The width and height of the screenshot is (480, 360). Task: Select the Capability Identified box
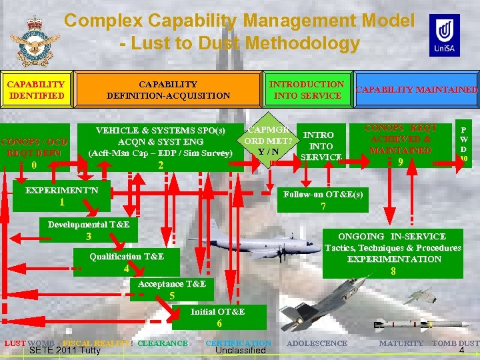[35, 89]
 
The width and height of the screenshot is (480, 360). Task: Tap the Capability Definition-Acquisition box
[168, 89]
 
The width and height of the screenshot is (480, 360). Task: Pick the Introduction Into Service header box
[306, 89]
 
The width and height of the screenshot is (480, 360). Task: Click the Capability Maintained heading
[417, 89]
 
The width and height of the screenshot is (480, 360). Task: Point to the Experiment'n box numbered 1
[61, 196]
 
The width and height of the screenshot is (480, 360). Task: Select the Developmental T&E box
[89, 230]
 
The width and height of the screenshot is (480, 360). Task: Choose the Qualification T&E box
[127, 261]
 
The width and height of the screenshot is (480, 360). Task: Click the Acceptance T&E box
[172, 289]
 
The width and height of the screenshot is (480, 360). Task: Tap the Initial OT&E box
[218, 317]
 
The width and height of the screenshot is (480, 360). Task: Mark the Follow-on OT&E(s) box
[323, 199]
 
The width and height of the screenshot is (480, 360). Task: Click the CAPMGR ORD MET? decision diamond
[269, 140]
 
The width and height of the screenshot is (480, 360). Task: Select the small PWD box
[463, 145]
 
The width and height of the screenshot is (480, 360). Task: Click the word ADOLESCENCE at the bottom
[317, 343]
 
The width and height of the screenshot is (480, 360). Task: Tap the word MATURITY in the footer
[401, 343]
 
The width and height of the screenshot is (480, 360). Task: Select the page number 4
[461, 351]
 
